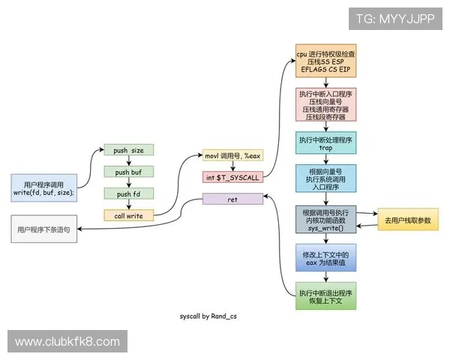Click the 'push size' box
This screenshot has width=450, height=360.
[x=128, y=150]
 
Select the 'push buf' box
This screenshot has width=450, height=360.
[x=128, y=172]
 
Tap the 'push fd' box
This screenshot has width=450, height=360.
[x=128, y=194]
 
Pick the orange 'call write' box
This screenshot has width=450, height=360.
[x=128, y=216]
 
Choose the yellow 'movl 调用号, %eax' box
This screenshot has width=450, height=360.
[x=233, y=155]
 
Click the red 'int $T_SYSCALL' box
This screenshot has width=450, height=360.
[x=233, y=177]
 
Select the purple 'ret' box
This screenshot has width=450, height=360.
[x=233, y=199]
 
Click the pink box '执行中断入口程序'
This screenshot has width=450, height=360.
[x=325, y=104]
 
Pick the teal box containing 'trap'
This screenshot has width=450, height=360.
[x=325, y=144]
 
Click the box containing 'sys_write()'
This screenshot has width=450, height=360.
[x=325, y=219]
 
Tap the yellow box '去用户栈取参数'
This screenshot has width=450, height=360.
[x=406, y=219]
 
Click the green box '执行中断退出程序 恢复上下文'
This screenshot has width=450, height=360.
[x=325, y=297]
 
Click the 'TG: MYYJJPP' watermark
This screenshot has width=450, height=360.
[x=394, y=18]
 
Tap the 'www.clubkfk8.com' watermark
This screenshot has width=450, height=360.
[x=67, y=342]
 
